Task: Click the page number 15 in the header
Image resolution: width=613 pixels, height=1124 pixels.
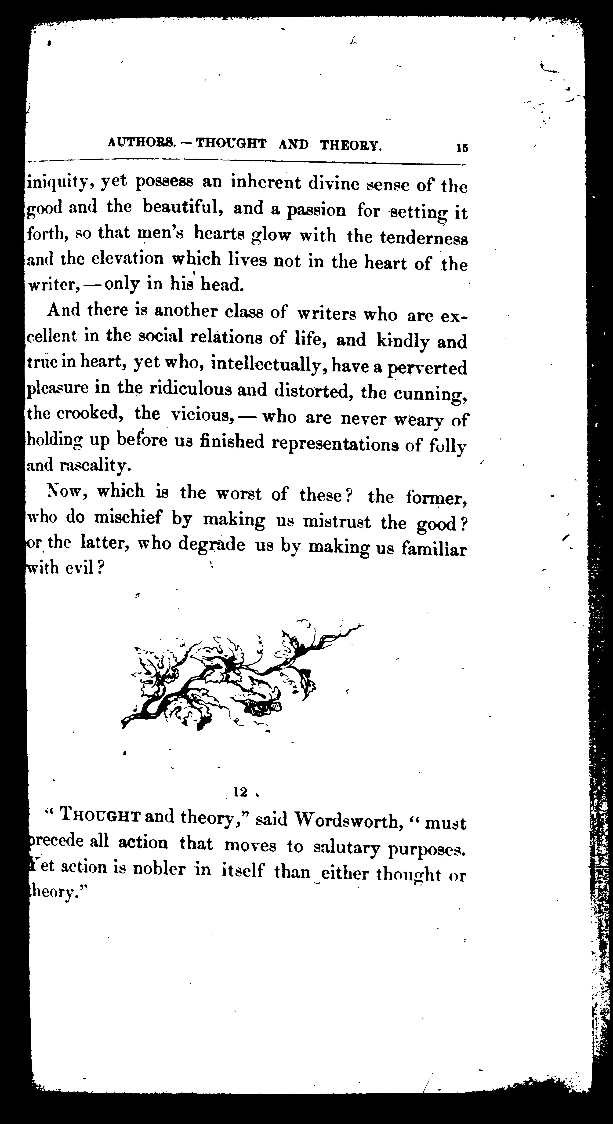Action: (x=462, y=148)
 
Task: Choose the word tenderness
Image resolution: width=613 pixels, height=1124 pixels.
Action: (x=424, y=238)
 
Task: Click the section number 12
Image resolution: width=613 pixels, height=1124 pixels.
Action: (x=240, y=792)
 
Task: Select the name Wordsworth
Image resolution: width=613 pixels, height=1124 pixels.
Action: (x=345, y=820)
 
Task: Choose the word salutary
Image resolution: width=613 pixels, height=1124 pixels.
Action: (x=347, y=847)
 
